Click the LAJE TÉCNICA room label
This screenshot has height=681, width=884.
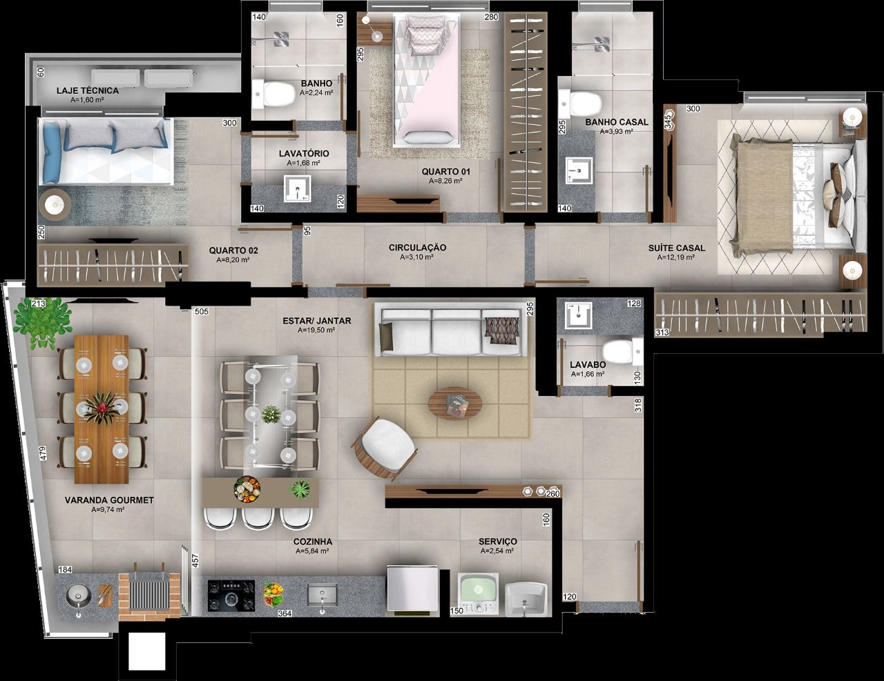(x=88, y=90)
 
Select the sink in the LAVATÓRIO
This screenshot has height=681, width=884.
(x=298, y=188)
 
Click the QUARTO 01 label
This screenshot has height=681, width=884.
(x=445, y=172)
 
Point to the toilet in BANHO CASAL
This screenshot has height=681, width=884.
(x=579, y=103)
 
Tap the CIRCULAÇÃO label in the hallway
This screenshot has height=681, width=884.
(x=417, y=248)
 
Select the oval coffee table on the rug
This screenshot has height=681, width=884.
(x=455, y=404)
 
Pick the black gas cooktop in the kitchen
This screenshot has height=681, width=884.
(x=231, y=595)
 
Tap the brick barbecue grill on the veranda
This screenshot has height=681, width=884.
(x=149, y=594)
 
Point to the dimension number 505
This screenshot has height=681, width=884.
(x=202, y=312)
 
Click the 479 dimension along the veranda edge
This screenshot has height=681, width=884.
(x=44, y=453)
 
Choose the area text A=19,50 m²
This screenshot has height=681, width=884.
(x=316, y=330)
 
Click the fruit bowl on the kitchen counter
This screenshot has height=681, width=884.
(x=273, y=595)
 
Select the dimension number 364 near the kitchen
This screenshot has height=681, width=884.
(x=285, y=613)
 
